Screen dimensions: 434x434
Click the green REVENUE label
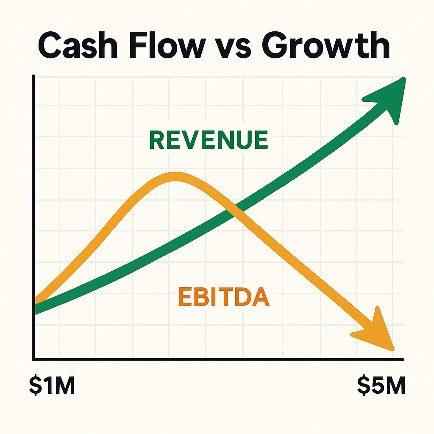(209, 140)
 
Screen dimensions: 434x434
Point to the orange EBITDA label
(224, 297)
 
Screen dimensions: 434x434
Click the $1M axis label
(52, 385)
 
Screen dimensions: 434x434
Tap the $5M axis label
(381, 385)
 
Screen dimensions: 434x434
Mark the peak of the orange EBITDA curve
(175, 176)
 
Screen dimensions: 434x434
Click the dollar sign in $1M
(35, 385)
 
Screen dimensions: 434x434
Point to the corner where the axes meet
(33, 359)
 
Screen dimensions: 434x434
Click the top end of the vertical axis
(33, 75)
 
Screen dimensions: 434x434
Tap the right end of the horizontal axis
(403, 360)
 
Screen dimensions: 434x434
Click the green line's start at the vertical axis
(35, 309)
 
